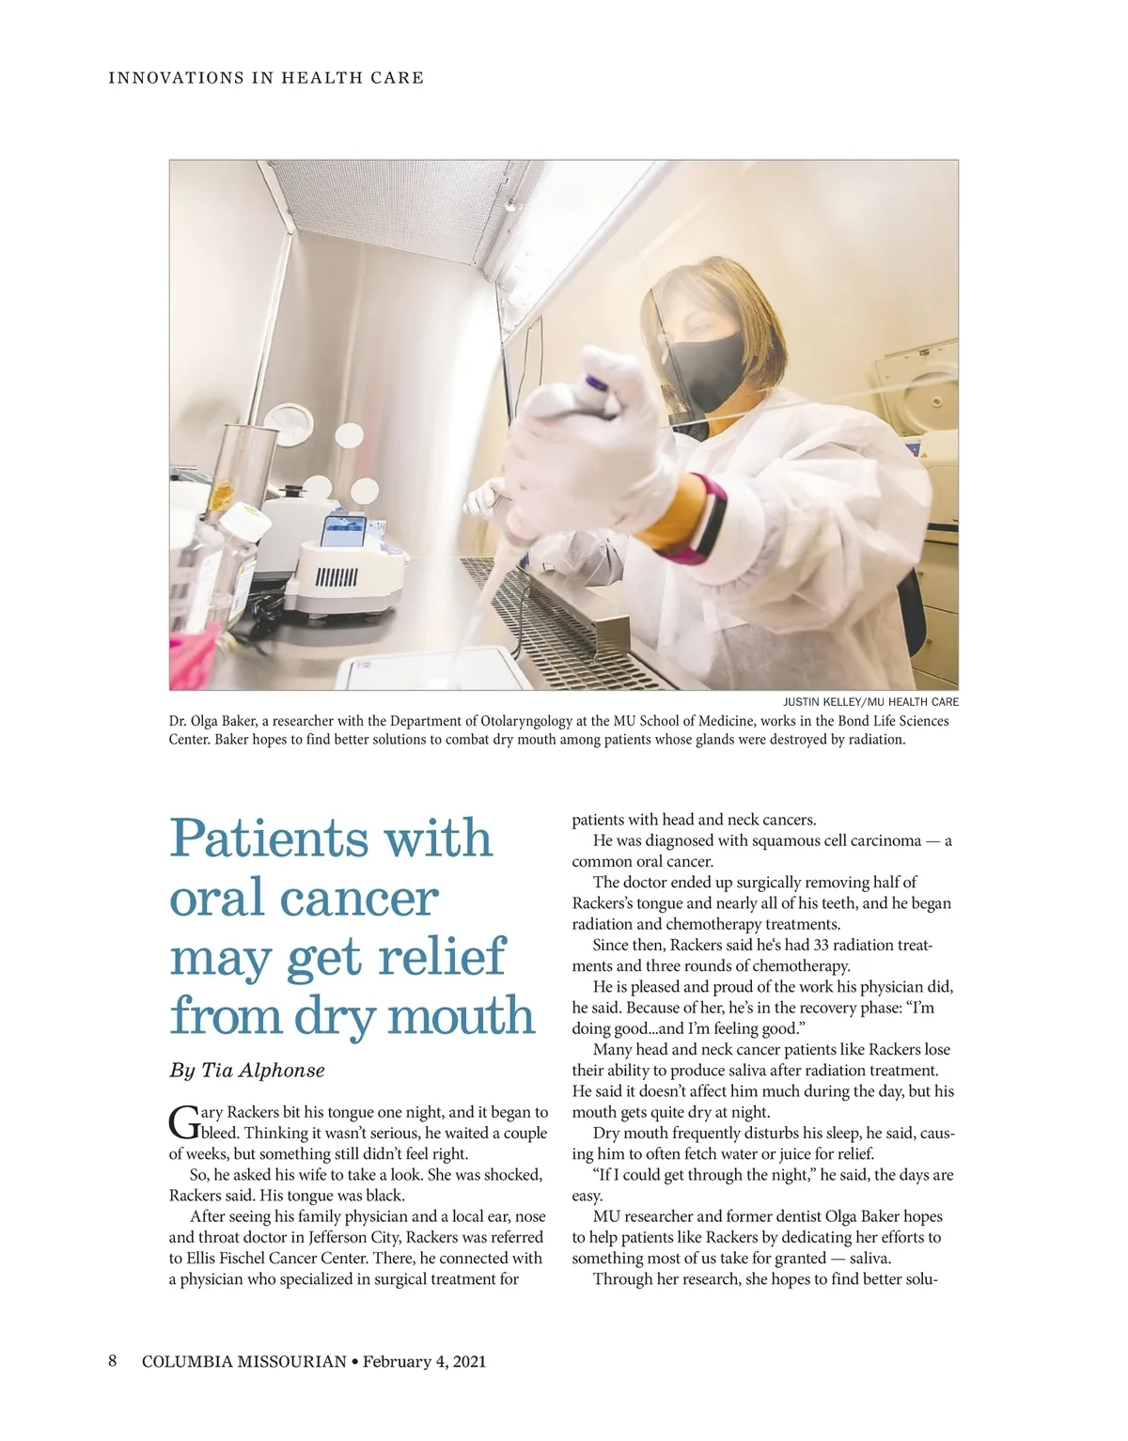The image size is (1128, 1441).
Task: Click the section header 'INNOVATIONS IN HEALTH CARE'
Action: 266,78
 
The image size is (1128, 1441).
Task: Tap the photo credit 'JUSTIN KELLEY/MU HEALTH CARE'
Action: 870,702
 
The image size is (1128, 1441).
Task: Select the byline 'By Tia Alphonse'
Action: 246,1070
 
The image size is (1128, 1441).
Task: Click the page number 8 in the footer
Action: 112,1361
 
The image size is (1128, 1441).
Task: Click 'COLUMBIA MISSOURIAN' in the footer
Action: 243,1361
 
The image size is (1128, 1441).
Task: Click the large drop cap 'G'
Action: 182,1121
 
